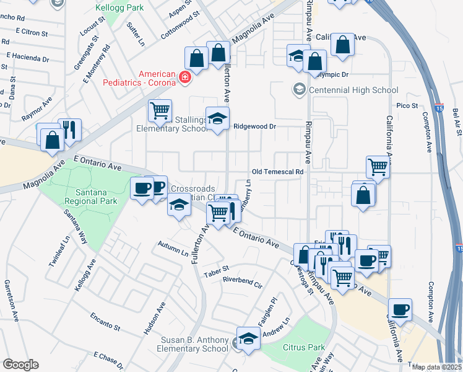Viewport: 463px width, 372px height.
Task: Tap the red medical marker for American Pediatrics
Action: click(x=184, y=77)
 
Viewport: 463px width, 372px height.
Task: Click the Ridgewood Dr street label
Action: click(x=254, y=126)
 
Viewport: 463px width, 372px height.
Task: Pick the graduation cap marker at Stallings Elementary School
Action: click(x=217, y=119)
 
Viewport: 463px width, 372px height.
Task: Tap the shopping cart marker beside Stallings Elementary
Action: click(x=160, y=111)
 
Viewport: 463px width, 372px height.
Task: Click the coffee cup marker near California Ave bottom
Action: click(x=400, y=309)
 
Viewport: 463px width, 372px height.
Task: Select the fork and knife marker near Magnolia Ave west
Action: click(x=69, y=130)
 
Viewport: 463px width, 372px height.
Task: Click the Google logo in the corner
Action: click(x=20, y=365)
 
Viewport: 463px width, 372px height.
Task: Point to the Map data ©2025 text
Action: click(x=436, y=366)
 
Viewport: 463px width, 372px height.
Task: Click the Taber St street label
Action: click(x=217, y=269)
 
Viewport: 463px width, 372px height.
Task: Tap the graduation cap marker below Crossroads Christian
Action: click(x=179, y=205)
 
